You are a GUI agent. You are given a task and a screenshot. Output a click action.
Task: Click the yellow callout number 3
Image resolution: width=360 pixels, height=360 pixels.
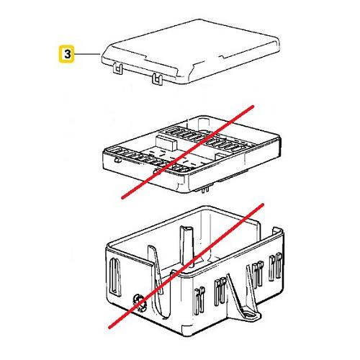click(x=66, y=53)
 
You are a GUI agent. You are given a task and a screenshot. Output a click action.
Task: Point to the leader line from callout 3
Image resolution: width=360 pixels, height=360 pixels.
click(x=87, y=53)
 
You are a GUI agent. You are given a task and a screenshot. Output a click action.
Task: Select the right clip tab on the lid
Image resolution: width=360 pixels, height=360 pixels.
click(x=156, y=78)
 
